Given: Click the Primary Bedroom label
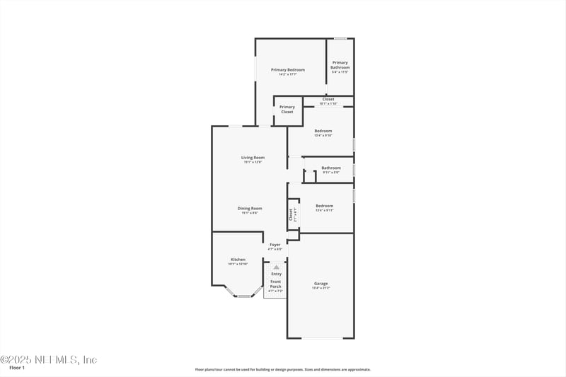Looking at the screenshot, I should (x=288, y=70).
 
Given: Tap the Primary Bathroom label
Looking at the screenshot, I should (x=340, y=66).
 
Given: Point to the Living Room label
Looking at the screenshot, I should (x=253, y=158).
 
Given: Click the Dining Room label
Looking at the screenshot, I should (x=250, y=209).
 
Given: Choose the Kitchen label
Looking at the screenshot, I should (x=238, y=260).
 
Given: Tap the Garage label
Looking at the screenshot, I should (x=320, y=284).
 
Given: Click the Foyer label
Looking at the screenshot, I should (x=275, y=245).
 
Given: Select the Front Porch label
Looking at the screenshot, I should (x=275, y=284).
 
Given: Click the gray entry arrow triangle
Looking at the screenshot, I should (x=276, y=267).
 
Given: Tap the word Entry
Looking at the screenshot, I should (x=276, y=274).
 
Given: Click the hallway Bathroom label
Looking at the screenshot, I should (x=331, y=168).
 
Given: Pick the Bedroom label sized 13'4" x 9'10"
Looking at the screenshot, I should (x=323, y=132).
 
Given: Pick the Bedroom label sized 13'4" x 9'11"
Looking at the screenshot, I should (x=324, y=206).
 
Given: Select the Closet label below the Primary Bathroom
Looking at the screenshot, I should (x=328, y=100).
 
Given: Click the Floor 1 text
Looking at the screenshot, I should (x=17, y=368).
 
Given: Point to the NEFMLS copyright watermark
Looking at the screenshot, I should (x=48, y=359).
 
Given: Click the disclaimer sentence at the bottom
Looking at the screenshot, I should (x=282, y=369).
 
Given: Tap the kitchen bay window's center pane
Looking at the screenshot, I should (x=244, y=296).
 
